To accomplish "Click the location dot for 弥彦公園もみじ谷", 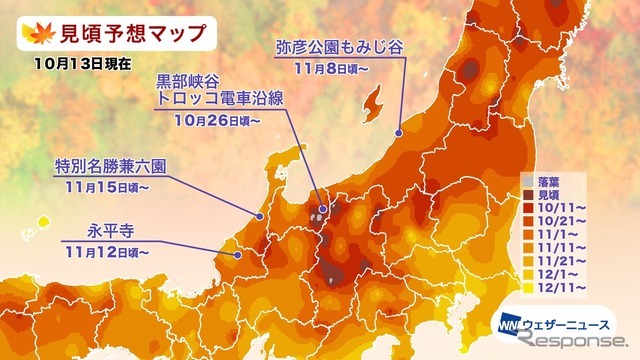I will pyautogui.click(x=399, y=131).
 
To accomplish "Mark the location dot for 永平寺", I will pyautogui.click(x=237, y=255).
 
